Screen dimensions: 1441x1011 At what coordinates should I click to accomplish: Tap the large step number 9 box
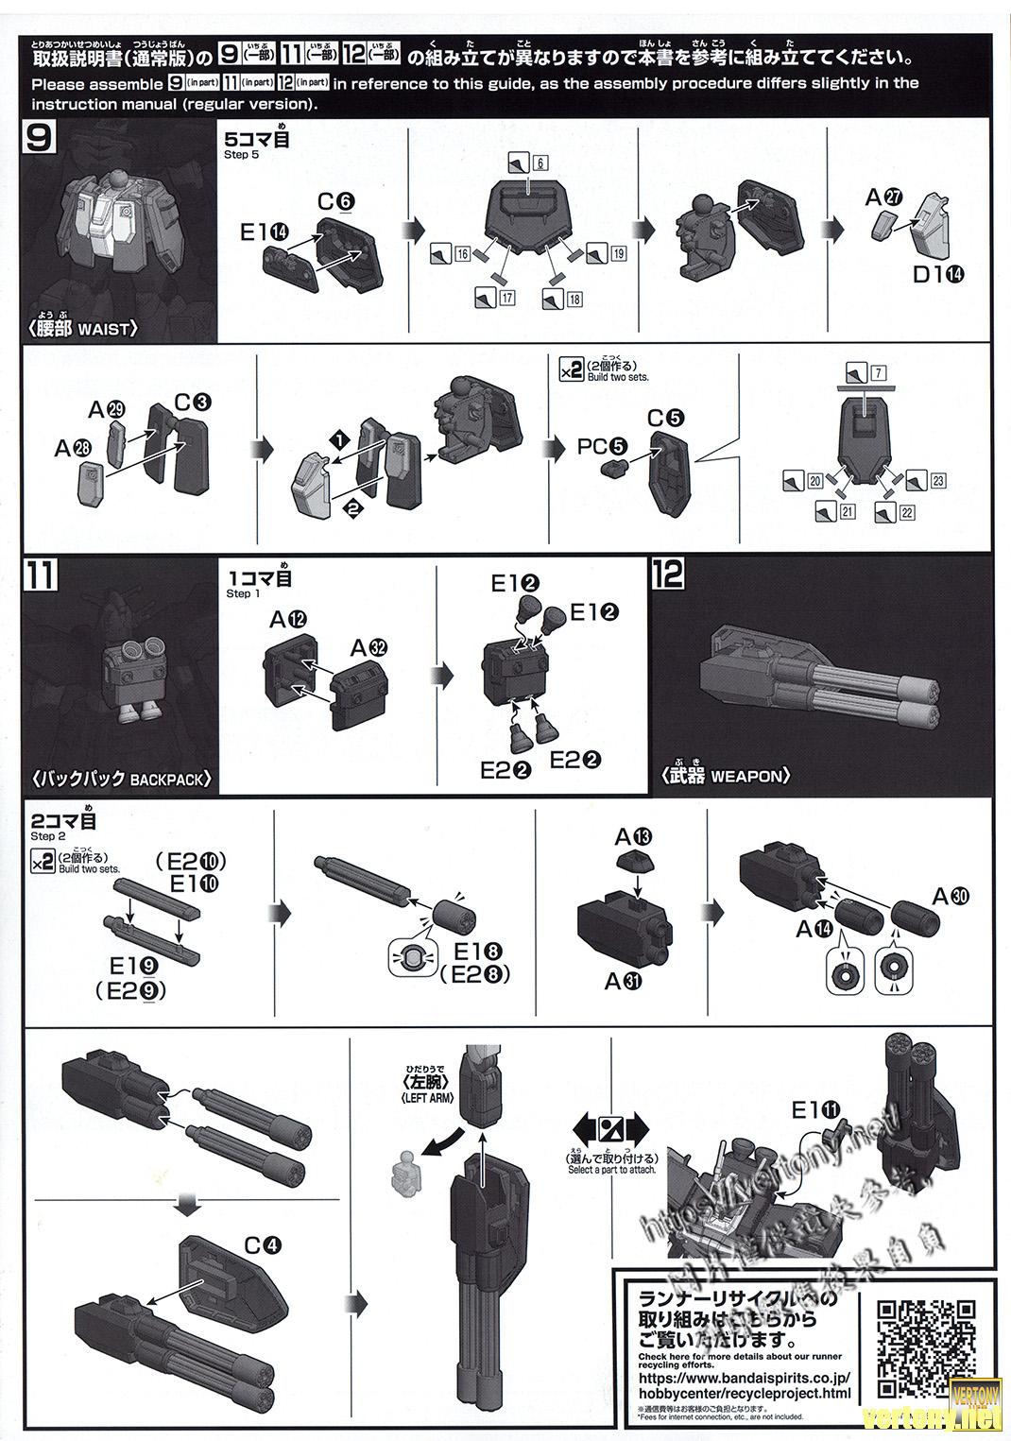43,140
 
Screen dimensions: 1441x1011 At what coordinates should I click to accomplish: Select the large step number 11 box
43,576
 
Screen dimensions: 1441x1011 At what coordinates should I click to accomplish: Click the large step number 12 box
668,575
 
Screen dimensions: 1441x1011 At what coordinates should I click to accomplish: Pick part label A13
632,837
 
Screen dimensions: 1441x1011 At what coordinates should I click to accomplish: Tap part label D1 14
939,275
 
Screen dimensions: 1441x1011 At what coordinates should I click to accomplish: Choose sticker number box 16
462,254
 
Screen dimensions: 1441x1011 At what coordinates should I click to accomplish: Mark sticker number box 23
937,481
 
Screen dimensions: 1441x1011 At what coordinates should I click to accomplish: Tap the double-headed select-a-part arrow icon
610,1128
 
